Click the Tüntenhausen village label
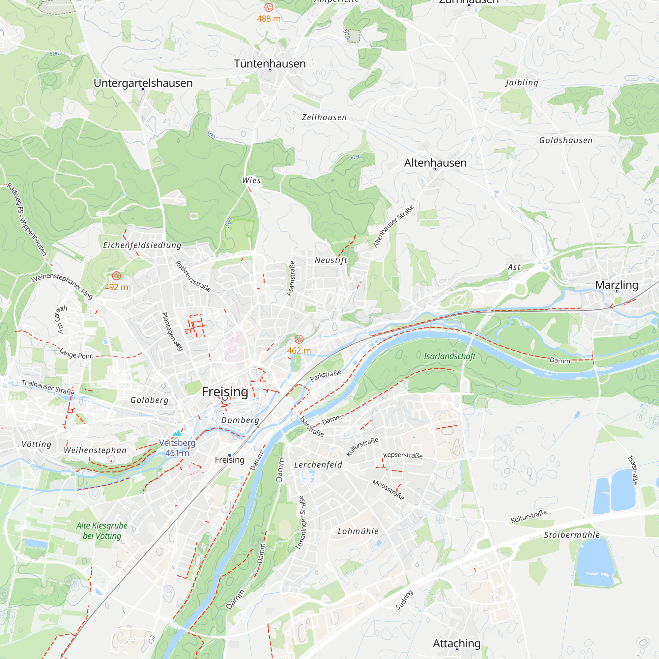[270, 64]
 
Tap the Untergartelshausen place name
[143, 83]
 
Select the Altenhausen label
[435, 163]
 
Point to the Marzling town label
[616, 285]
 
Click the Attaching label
[456, 643]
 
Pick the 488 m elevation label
[269, 19]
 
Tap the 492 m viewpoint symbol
[116, 275]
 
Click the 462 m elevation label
[299, 351]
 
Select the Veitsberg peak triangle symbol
[177, 434]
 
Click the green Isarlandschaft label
[449, 357]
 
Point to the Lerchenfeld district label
[318, 465]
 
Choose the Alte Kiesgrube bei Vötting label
[102, 531]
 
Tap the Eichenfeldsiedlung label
[142, 245]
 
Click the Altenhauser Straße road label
[393, 226]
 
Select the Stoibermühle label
[572, 535]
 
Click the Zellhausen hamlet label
[324, 117]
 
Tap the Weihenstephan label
[95, 450]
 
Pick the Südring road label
[404, 600]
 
